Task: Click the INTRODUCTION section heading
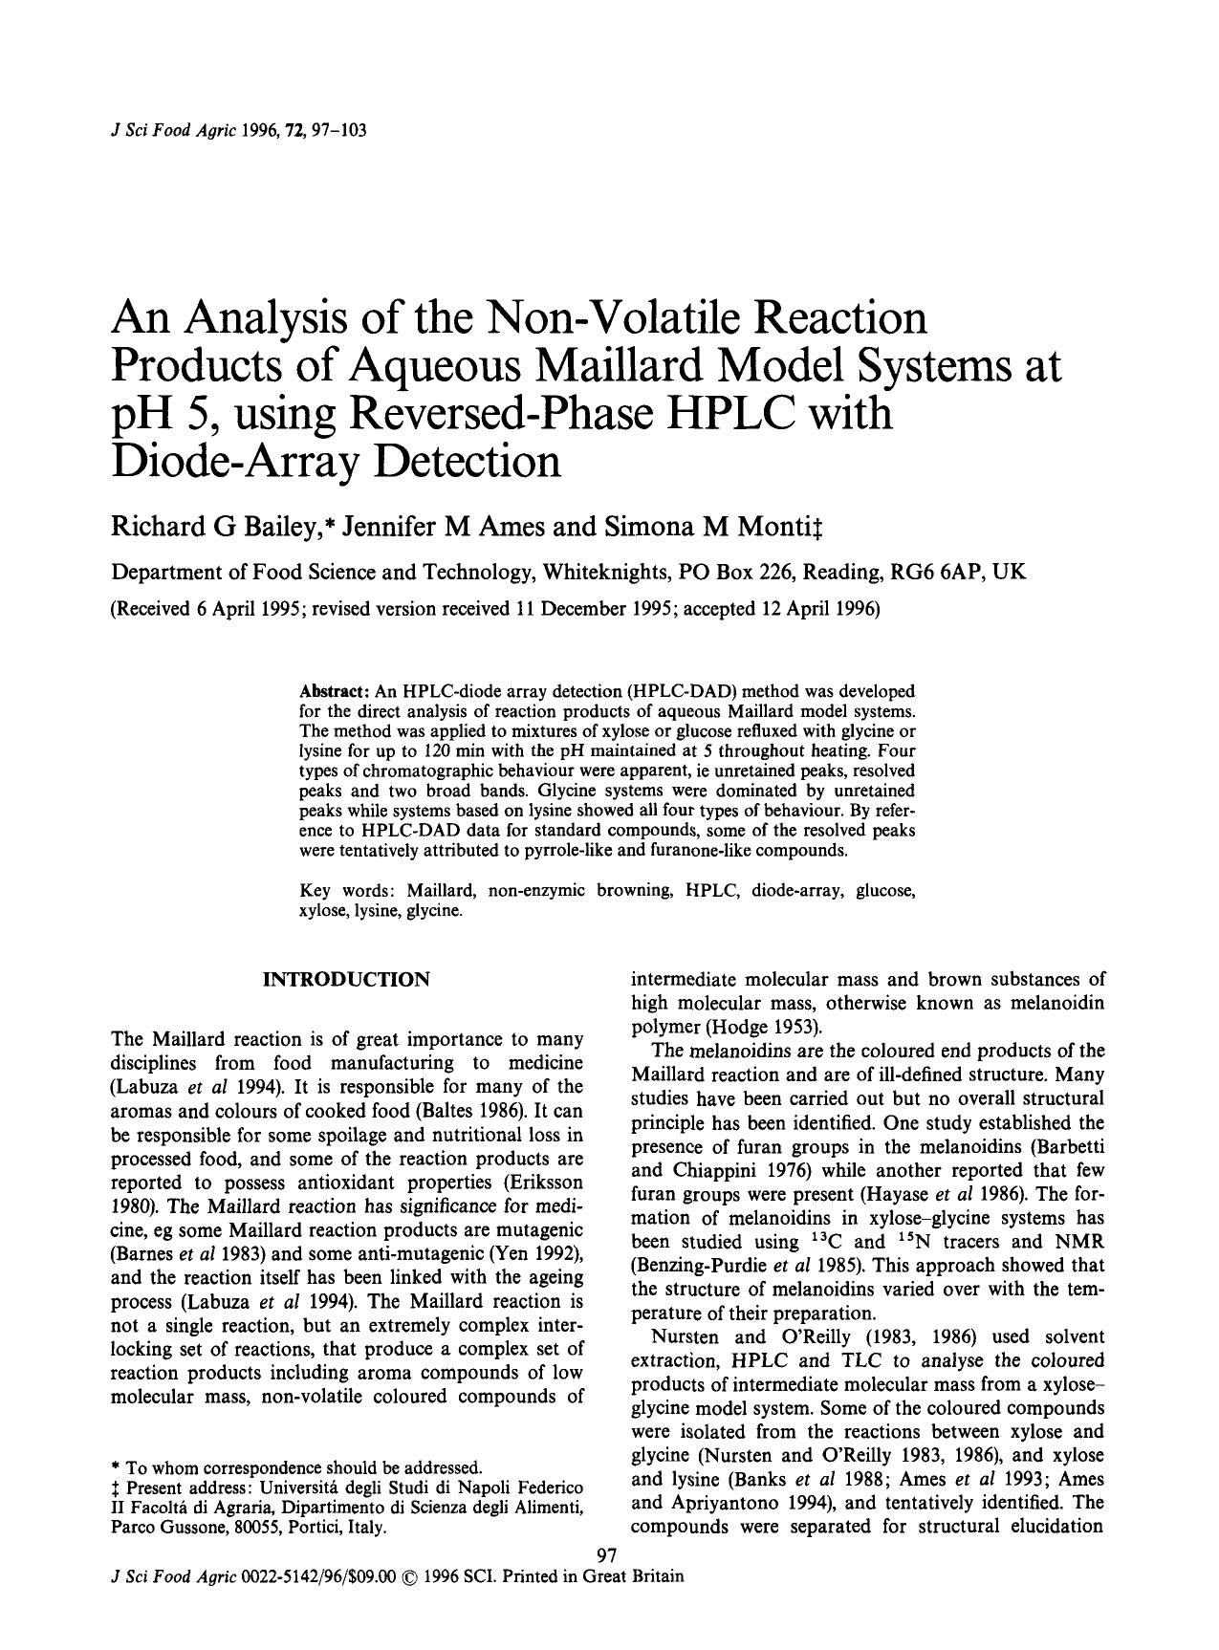click(346, 980)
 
